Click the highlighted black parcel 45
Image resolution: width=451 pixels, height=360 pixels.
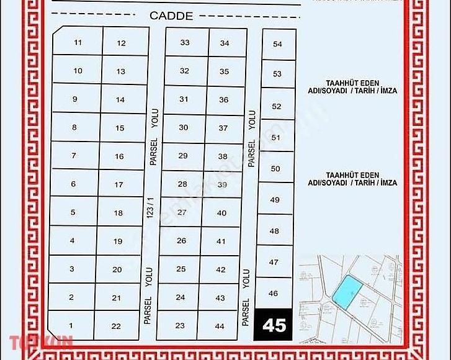pos(274,325)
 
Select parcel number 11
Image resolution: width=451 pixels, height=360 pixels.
pos(78,42)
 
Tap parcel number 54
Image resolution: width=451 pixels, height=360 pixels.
pos(277,44)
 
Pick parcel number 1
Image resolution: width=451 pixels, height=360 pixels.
pos(71,325)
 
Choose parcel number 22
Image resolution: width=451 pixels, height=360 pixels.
pos(116,326)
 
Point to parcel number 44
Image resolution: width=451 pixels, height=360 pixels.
pos(219,326)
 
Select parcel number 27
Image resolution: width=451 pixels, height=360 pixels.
pos(182,212)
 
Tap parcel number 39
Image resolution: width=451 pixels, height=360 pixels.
pos(222,184)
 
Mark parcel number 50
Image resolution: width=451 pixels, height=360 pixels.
pos(276,168)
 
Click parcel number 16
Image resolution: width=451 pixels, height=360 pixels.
pos(119,156)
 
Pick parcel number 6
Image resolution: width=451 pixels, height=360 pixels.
pos(73,184)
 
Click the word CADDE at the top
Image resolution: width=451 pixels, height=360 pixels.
pos(171,16)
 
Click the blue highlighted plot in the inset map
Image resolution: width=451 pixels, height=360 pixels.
pos(346,290)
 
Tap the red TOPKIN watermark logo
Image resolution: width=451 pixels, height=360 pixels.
pos(41,341)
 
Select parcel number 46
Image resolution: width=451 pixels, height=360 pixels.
pos(274,293)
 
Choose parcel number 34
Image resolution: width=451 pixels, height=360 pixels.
pos(225,43)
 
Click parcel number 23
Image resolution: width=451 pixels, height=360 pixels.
pos(180,325)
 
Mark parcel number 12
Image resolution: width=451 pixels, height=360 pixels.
pos(121,43)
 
